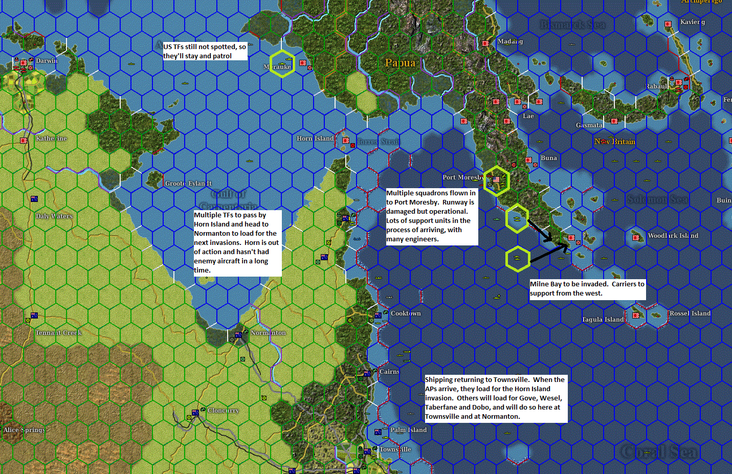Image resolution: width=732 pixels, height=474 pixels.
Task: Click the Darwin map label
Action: click(x=47, y=61)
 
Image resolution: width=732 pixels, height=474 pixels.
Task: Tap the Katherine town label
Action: click(x=51, y=139)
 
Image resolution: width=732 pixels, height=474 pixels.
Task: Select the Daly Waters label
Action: click(x=54, y=216)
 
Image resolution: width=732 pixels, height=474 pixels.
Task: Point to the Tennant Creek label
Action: click(x=58, y=333)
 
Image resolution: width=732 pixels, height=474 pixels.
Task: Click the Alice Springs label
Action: click(x=24, y=430)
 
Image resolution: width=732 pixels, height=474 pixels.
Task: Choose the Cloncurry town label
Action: click(x=223, y=411)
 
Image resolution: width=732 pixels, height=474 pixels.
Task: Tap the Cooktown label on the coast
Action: click(x=406, y=313)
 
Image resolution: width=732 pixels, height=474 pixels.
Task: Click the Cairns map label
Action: click(x=389, y=372)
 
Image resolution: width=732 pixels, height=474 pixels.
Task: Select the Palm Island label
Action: click(x=408, y=430)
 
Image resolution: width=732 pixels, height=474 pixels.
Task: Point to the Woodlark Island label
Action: click(x=673, y=236)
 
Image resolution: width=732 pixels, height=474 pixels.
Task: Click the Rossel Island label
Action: click(x=690, y=313)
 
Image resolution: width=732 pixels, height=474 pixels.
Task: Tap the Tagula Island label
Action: click(x=603, y=320)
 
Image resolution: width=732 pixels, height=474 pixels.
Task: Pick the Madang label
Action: click(x=510, y=41)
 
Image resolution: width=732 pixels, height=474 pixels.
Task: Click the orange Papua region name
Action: click(x=400, y=63)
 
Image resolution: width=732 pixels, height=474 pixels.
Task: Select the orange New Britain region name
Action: click(x=615, y=142)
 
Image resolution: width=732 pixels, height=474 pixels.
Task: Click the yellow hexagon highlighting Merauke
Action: click(x=282, y=63)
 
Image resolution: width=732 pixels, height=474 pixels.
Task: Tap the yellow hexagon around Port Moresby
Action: click(x=496, y=180)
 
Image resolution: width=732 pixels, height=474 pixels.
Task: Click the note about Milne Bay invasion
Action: click(x=587, y=289)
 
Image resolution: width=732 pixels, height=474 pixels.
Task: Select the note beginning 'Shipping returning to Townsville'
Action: click(x=495, y=398)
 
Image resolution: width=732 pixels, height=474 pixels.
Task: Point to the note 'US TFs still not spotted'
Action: click(x=205, y=51)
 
